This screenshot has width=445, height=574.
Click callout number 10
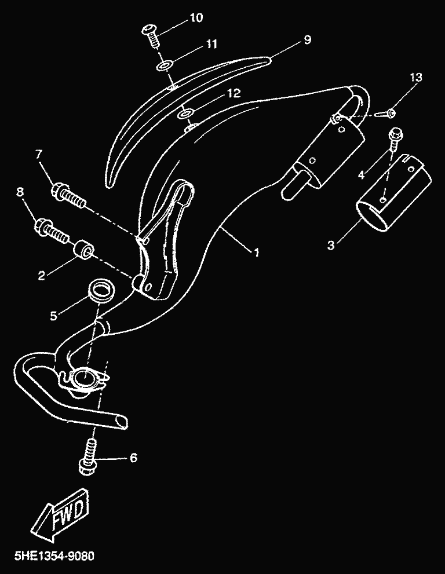tap(196, 17)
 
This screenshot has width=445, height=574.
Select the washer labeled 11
tap(165, 66)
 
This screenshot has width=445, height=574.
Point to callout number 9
tap(307, 39)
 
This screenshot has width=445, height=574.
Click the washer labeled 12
tap(185, 114)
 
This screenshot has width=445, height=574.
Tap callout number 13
tap(416, 77)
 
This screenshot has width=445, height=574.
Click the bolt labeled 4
tap(396, 138)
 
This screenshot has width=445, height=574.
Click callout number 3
tap(331, 245)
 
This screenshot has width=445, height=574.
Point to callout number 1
tap(257, 252)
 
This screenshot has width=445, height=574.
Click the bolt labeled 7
tap(70, 196)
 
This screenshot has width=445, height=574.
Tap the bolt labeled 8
tap(51, 231)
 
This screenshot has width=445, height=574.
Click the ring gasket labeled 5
tap(102, 291)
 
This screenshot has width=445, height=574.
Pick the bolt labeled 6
tap(89, 457)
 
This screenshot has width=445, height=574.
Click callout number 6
tap(133, 458)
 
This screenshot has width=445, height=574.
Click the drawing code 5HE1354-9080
tap(54, 555)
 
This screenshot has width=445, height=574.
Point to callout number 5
tap(54, 316)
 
